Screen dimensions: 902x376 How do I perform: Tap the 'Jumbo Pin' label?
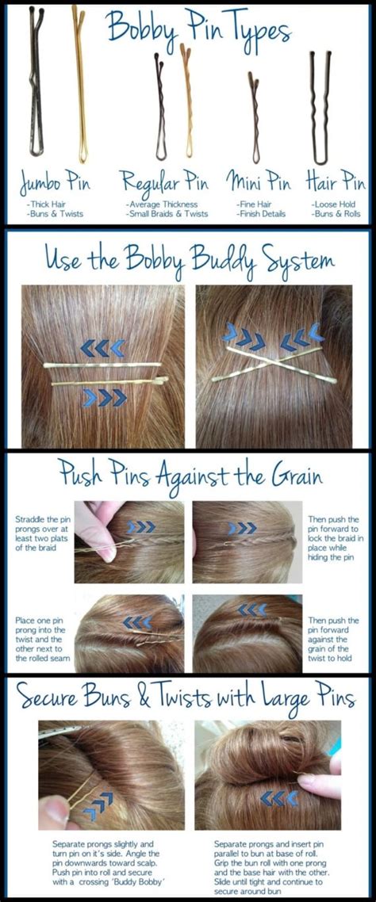[x=56, y=184]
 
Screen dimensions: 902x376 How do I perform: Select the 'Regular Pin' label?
[x=166, y=184]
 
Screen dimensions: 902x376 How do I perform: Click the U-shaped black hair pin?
[x=320, y=107]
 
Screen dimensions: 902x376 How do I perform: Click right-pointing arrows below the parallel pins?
[x=104, y=397]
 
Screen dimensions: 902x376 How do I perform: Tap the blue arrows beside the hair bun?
[x=278, y=797]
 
